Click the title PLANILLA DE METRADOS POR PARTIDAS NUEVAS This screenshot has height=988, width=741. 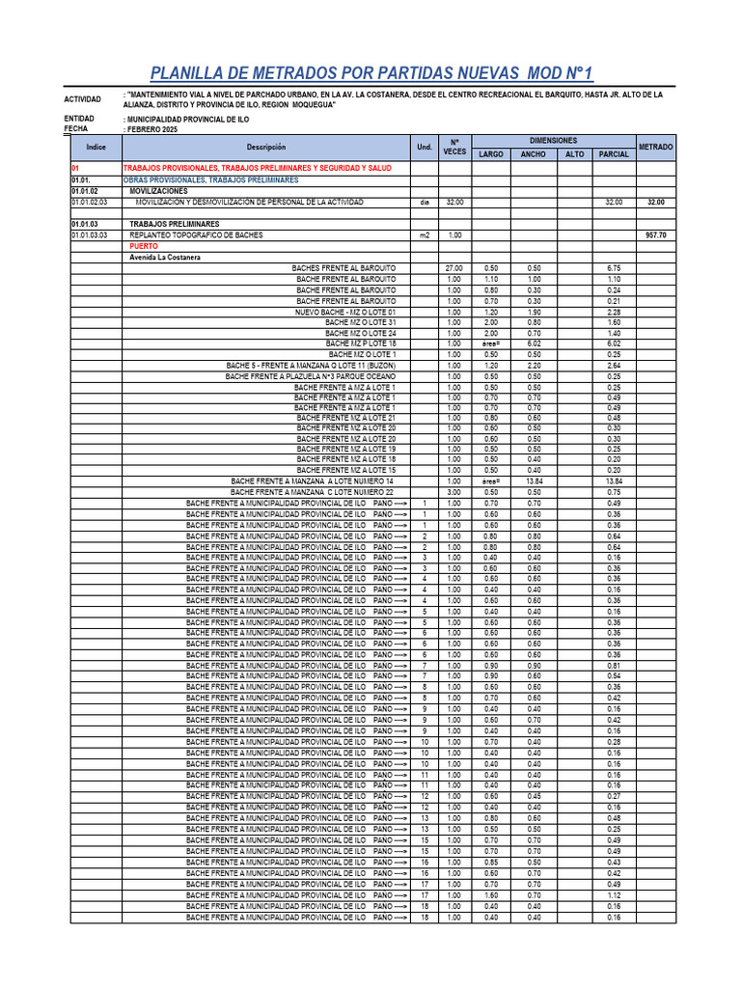coord(370,74)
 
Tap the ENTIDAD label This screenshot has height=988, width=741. coord(79,118)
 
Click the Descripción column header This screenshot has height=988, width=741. coord(266,147)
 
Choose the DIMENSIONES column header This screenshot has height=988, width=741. coord(553,140)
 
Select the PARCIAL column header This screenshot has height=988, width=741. coord(614,154)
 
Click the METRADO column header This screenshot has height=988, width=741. coord(656,147)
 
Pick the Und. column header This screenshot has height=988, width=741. coord(424,147)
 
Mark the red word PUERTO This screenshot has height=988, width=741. coord(143,246)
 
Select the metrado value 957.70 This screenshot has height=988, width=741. coord(656,234)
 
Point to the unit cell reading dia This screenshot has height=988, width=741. coord(424,203)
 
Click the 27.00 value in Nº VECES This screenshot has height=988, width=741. coord(453,268)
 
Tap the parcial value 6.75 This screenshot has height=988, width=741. coord(614,268)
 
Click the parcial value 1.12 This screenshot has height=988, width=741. coord(614,894)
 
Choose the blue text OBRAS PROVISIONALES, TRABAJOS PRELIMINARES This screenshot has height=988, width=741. coord(210,179)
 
